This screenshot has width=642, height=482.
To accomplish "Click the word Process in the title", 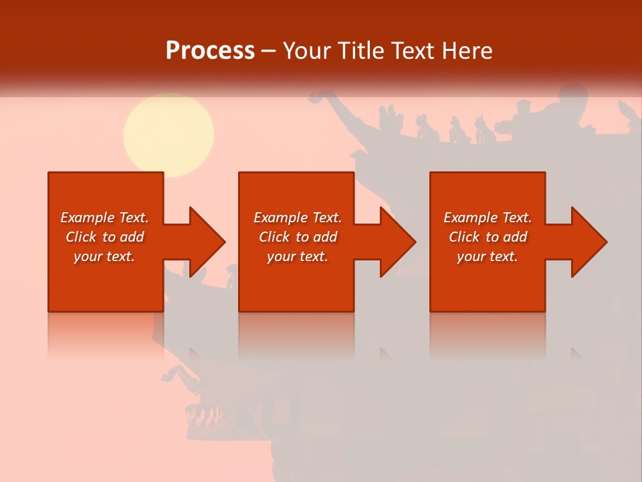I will pyautogui.click(x=210, y=51).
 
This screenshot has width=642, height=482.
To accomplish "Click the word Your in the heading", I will pyautogui.click(x=307, y=51).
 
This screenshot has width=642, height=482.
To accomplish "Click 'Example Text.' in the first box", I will pyautogui.click(x=105, y=218).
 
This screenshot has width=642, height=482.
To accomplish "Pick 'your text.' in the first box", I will pyautogui.click(x=104, y=256).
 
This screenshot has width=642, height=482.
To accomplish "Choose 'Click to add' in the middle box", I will pyautogui.click(x=298, y=237).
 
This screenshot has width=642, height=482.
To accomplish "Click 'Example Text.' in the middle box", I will pyautogui.click(x=298, y=218).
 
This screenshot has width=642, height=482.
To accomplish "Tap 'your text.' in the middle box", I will pyautogui.click(x=297, y=256).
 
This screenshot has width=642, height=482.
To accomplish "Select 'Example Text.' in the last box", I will pyautogui.click(x=488, y=218).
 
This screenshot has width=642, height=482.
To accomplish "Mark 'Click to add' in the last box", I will pyautogui.click(x=488, y=237).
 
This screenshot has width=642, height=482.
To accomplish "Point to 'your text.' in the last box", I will pyautogui.click(x=487, y=256).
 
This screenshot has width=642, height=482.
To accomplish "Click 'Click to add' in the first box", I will pyautogui.click(x=105, y=237).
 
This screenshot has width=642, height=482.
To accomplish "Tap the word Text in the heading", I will pyautogui.click(x=410, y=51).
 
